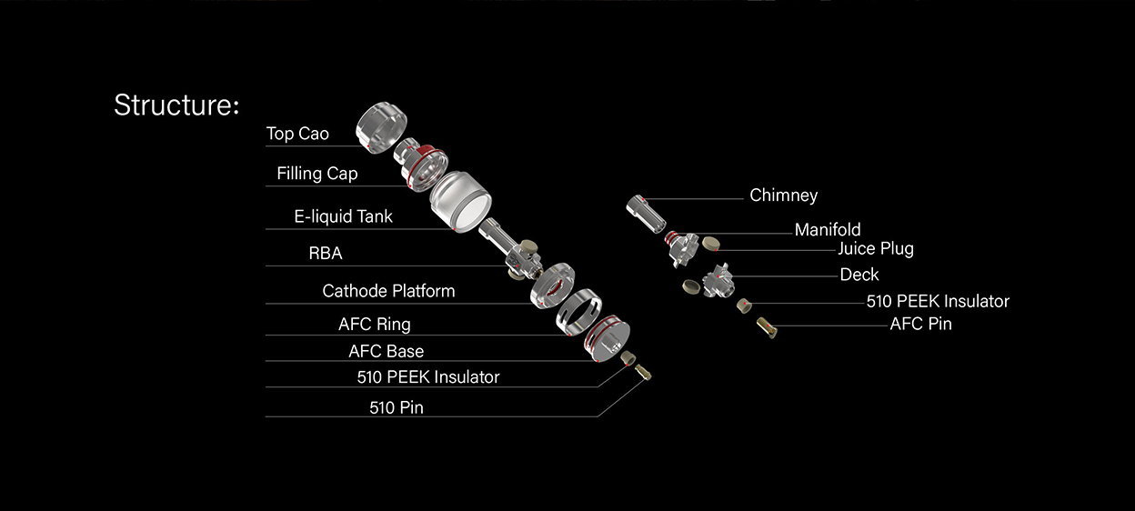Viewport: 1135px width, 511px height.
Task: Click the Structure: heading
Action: pyautogui.click(x=176, y=105)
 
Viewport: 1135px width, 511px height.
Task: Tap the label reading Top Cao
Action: pyautogui.click(x=297, y=134)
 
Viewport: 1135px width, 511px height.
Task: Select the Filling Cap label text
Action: pyautogui.click(x=316, y=174)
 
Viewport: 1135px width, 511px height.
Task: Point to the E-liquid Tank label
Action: pyautogui.click(x=343, y=217)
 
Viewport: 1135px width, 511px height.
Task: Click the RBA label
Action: pyautogui.click(x=326, y=254)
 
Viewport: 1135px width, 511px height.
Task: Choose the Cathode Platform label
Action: pyautogui.click(x=388, y=291)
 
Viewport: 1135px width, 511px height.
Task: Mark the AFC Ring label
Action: pyautogui.click(x=374, y=324)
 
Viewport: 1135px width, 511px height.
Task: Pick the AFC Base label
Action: pyautogui.click(x=386, y=351)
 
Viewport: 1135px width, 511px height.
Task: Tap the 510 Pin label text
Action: pyautogui.click(x=396, y=407)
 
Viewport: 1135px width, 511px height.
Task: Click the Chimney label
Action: pyautogui.click(x=783, y=195)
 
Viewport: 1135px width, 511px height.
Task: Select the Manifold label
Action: pyautogui.click(x=827, y=229)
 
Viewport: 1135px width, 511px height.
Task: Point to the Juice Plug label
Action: pyautogui.click(x=875, y=248)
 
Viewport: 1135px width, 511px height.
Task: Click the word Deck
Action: pyautogui.click(x=859, y=275)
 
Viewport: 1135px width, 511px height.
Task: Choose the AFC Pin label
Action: pyautogui.click(x=920, y=323)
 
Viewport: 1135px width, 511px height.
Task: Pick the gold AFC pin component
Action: pyautogui.click(x=767, y=326)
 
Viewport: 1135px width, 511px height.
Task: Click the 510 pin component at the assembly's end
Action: pyautogui.click(x=644, y=372)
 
